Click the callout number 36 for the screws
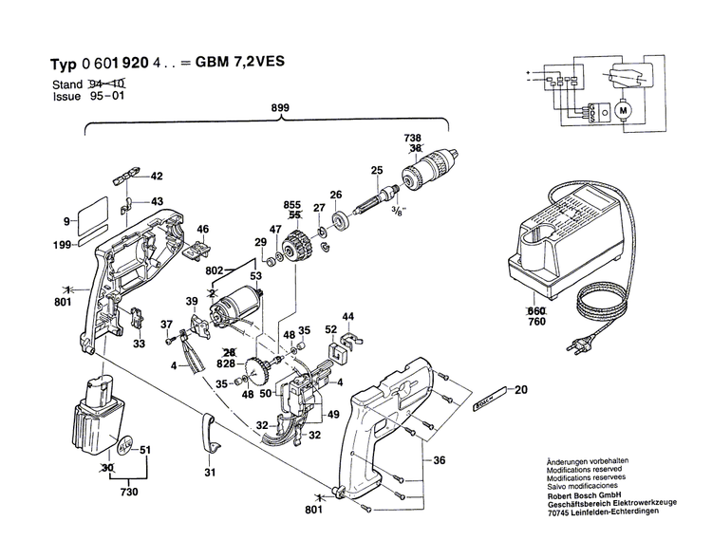[x=439, y=460]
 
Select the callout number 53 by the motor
[x=255, y=275]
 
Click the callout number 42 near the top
[x=157, y=176]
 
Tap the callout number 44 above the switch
[x=348, y=316]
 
